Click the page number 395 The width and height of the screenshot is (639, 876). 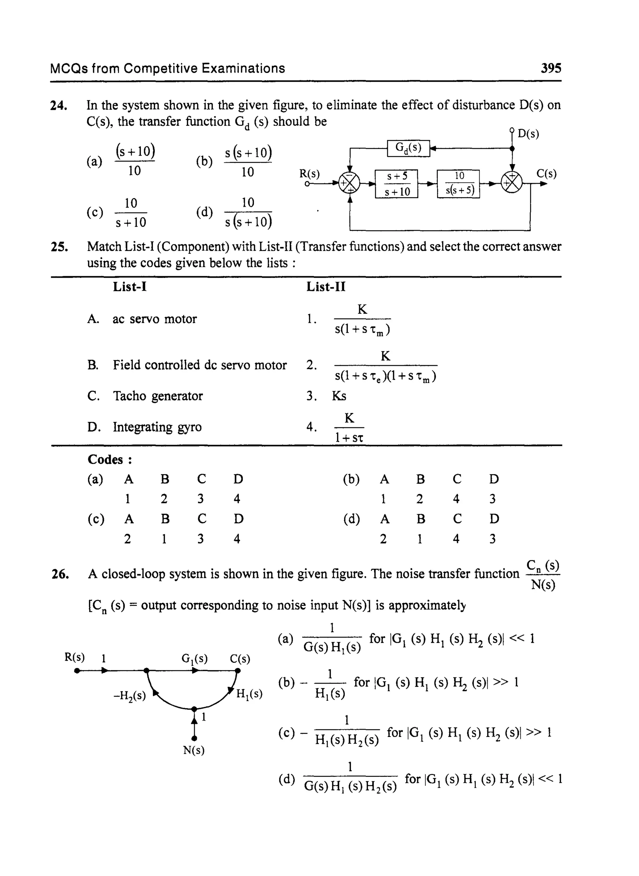[x=550, y=68]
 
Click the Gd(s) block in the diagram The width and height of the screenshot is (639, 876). [x=408, y=148]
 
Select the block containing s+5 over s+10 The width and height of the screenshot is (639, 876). [x=397, y=184]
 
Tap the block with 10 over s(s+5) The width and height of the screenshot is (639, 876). [x=458, y=184]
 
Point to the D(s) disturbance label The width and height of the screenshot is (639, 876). [x=528, y=134]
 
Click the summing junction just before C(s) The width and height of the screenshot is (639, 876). [x=512, y=183]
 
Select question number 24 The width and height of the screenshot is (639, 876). [x=59, y=105]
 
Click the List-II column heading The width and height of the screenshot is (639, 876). [x=326, y=287]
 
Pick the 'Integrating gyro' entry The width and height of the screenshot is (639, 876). [x=157, y=427]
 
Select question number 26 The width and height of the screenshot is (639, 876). [x=60, y=574]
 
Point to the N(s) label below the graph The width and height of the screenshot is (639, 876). [x=193, y=750]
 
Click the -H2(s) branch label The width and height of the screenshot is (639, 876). [x=129, y=696]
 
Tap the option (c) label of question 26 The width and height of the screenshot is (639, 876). [x=287, y=733]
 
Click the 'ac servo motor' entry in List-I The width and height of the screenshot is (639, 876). [x=154, y=319]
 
